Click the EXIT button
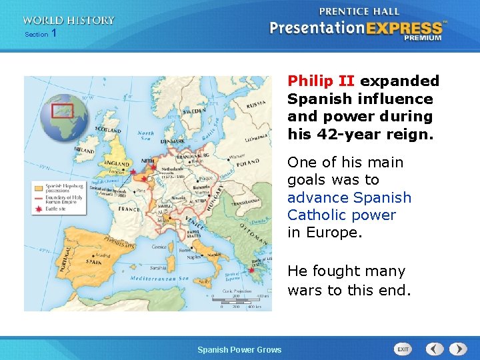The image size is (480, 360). [x=403, y=349]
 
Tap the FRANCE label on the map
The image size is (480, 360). [x=128, y=209]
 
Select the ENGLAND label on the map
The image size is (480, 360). [x=117, y=163]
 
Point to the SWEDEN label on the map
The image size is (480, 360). [x=194, y=110]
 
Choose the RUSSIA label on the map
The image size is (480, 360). [x=256, y=105]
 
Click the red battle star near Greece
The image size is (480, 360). [x=251, y=270]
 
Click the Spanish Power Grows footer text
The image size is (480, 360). [x=239, y=350]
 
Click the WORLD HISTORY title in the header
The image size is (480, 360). [x=68, y=21]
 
